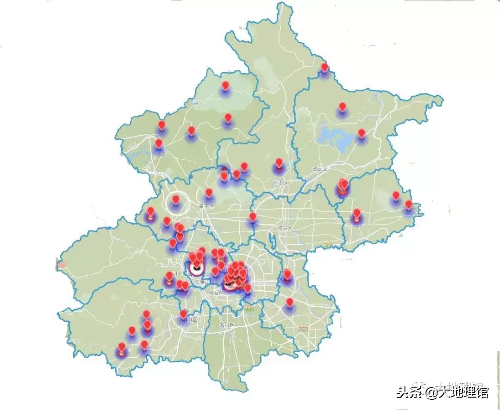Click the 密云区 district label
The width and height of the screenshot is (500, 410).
coord(320,169)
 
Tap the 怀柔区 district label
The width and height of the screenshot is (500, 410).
coord(281,183)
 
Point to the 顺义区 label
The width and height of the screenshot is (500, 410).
coord(285,228)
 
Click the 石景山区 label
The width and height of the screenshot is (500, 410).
coord(205,281)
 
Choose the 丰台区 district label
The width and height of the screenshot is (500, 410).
coord(216,293)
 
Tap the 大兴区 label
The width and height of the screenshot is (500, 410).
coord(227,325)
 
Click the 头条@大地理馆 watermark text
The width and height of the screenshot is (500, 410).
coord(442,393)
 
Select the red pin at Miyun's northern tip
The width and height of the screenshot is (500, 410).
coord(325,68)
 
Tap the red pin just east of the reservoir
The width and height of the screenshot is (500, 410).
coord(362,134)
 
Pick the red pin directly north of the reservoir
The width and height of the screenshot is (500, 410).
coord(343,107)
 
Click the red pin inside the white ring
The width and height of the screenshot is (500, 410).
coord(176,200)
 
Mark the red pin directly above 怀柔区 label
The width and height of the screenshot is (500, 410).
coord(279,163)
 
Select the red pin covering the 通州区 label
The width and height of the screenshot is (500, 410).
coord(287,274)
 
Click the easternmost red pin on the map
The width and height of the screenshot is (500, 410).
coord(408,205)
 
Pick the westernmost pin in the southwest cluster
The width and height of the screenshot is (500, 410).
coord(122,348)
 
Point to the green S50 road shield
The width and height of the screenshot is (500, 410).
coord(249,309)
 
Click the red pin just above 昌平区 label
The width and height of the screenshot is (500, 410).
coord(209,193)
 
